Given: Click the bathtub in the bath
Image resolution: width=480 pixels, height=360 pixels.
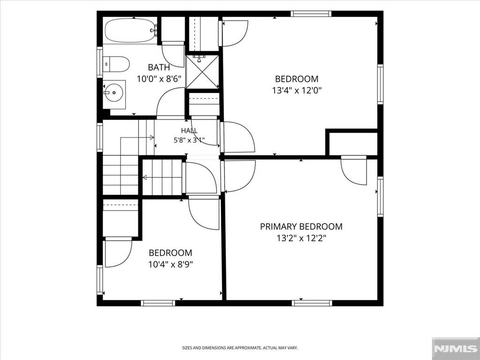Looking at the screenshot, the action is pos(131,30).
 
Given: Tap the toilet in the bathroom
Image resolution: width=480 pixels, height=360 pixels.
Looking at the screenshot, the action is pos(116,64).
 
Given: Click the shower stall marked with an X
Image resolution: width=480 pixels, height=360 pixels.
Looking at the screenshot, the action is pos(202,72).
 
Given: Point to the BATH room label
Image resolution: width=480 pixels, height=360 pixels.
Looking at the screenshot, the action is pos(159,67).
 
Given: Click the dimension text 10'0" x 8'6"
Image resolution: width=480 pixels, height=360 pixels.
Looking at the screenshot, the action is pos(159,79).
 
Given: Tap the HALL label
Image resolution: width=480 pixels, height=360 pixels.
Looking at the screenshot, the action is pos(189,131).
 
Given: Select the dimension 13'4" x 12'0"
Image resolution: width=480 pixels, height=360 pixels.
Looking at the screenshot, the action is pos(297,90).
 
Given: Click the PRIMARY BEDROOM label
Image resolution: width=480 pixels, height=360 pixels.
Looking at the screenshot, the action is pos(301,226).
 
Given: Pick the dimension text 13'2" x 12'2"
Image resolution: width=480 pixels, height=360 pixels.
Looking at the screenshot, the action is pos(301,238).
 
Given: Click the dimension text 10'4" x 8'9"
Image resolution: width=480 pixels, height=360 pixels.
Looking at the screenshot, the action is pos(171,264).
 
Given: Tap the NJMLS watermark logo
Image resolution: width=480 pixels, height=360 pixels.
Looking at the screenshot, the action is pos(456,349).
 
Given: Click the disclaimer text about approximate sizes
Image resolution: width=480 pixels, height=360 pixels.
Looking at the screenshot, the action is pos(240,348).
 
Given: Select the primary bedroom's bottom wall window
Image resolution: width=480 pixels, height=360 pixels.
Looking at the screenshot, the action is pos(312,303).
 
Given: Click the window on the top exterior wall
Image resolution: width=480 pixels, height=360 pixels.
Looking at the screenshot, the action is pos(311,14).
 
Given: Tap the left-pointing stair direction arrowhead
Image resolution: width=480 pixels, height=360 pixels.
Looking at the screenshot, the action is pos(145,178).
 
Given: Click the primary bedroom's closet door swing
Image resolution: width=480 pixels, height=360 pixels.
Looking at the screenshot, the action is pos(353,172).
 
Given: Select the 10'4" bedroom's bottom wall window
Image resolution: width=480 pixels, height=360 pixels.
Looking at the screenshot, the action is pos(158,303).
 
